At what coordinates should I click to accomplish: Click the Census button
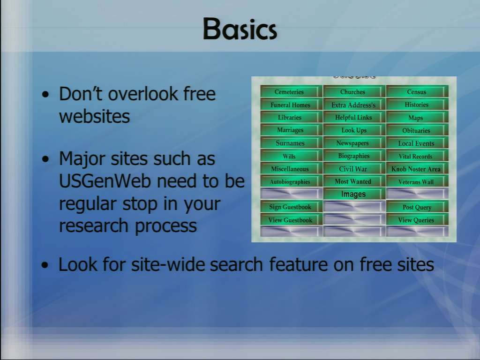[417, 91]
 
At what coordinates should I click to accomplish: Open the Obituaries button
[417, 130]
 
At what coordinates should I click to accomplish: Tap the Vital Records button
[417, 156]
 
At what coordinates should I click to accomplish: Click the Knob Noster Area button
[417, 169]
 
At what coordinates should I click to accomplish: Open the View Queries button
[417, 220]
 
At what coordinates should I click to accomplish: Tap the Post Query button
[417, 207]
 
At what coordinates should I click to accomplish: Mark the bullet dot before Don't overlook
[45, 95]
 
